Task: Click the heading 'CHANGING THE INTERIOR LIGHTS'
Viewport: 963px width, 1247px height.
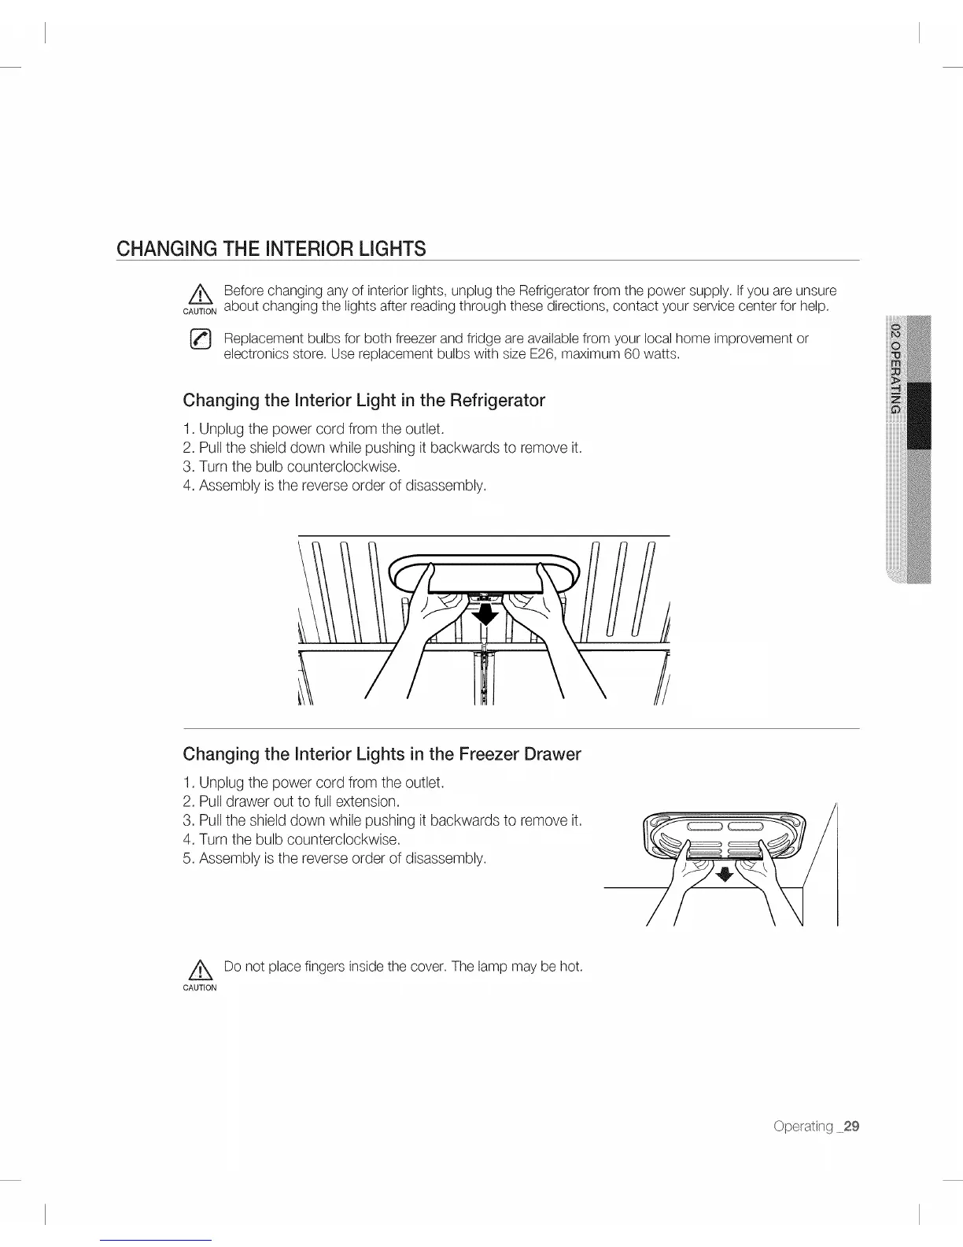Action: (x=271, y=250)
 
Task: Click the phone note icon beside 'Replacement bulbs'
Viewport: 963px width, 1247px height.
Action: (x=200, y=340)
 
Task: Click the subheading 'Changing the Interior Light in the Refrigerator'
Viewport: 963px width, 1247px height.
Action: (x=363, y=400)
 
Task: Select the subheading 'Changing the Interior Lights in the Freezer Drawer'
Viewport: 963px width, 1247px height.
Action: (x=382, y=754)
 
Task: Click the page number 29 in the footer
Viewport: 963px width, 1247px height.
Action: (x=850, y=1127)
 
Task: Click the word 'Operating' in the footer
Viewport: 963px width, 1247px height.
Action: (x=802, y=1127)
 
